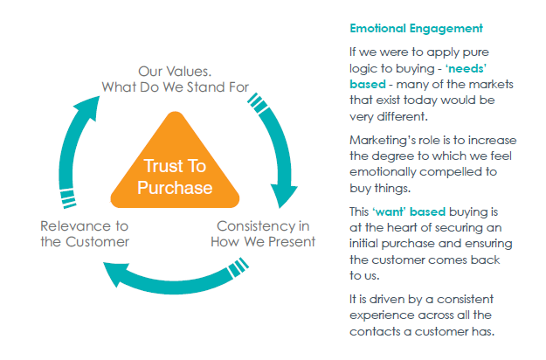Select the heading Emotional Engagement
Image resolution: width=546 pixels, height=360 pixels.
[416, 28]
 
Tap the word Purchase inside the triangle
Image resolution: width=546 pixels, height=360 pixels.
[175, 188]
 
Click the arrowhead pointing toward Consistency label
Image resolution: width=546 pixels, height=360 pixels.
[283, 196]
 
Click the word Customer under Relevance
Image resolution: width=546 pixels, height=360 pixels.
[98, 242]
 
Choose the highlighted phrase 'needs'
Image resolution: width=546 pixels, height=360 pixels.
[466, 68]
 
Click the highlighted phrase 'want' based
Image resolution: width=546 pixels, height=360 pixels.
[409, 211]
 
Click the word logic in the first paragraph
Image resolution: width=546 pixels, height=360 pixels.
[361, 68]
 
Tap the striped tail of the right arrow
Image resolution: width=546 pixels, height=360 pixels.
[259, 103]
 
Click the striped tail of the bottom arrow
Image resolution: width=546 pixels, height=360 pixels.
[238, 267]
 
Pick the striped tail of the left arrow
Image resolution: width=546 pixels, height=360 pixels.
[68, 198]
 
